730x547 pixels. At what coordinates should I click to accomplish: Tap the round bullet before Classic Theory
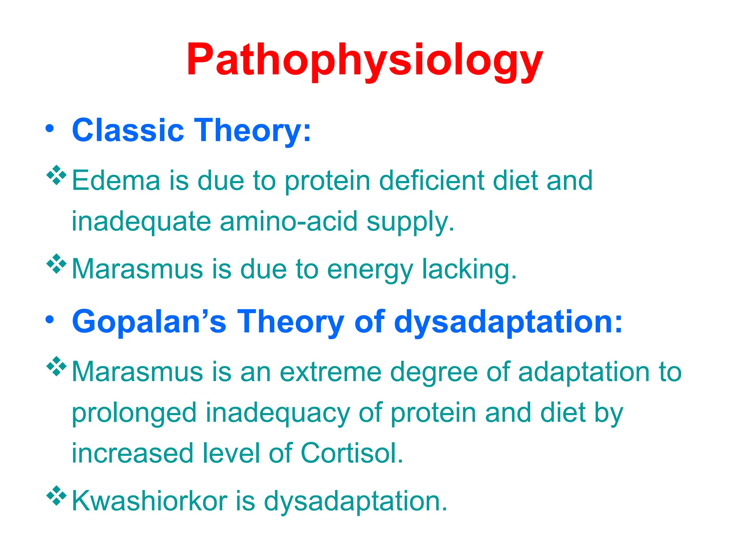[50, 129]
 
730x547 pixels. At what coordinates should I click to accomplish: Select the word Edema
[116, 180]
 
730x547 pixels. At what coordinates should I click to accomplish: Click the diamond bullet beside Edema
[57, 175]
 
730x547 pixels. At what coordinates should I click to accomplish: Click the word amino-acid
[289, 221]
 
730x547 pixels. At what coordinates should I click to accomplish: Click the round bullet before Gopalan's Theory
[50, 319]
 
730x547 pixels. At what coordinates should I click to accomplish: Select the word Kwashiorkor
[150, 501]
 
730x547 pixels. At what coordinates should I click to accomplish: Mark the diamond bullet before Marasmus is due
[57, 264]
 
